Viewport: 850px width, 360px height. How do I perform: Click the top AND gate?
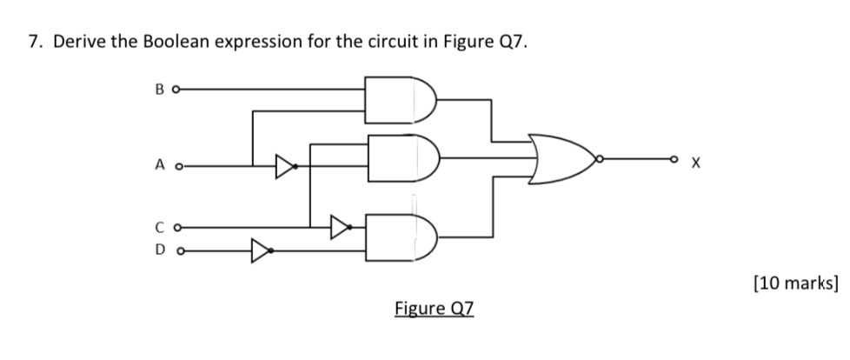point(396,101)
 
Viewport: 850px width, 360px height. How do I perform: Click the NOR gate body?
point(561,160)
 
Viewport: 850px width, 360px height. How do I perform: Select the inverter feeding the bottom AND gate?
point(339,228)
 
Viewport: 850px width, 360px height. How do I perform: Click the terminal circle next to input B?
point(177,88)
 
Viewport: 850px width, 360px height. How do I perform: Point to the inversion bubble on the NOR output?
point(598,160)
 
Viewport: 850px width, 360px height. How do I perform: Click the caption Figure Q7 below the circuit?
point(435,309)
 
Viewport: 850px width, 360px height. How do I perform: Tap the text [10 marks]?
point(796,283)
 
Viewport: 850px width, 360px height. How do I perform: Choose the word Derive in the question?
point(76,43)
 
